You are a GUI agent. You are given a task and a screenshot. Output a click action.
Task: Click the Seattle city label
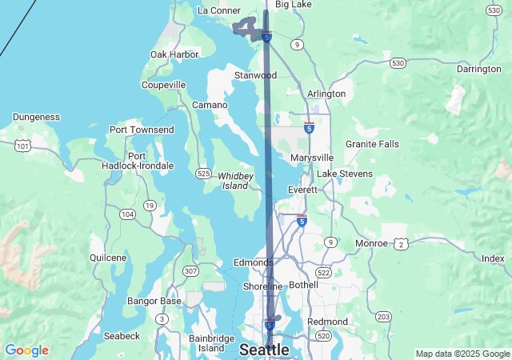coord(264,350)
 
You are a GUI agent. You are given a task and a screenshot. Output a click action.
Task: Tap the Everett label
coord(303,190)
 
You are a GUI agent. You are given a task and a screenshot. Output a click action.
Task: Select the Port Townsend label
coord(142,130)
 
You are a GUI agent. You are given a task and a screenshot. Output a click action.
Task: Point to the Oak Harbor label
coord(174,54)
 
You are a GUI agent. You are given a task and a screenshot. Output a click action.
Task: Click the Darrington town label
coord(478,69)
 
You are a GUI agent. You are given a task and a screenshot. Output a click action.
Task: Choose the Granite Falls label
coord(372,144)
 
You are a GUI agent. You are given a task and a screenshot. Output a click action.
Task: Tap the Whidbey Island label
coord(235,180)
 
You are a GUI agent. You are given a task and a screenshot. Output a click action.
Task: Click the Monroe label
coord(371,243)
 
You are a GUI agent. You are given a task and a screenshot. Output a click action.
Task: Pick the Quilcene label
coord(108,258)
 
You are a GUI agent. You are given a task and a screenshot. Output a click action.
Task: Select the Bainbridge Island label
coord(211,343)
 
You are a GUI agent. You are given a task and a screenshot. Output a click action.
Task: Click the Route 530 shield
coord(398,62)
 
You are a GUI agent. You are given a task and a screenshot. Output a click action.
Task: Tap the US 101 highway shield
coord(22,146)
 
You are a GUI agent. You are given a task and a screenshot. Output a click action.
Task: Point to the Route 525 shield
coord(202,174)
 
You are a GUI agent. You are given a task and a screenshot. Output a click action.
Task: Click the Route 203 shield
coord(383,317)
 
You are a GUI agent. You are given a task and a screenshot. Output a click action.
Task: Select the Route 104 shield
coord(127,214)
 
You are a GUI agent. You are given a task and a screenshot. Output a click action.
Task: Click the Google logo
coord(26,350)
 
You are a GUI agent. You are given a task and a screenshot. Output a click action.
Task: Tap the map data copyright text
coord(462,354)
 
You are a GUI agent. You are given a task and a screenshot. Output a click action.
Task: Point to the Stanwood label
coord(255,75)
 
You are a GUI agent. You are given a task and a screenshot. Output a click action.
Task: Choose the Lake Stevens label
coord(345,174)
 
